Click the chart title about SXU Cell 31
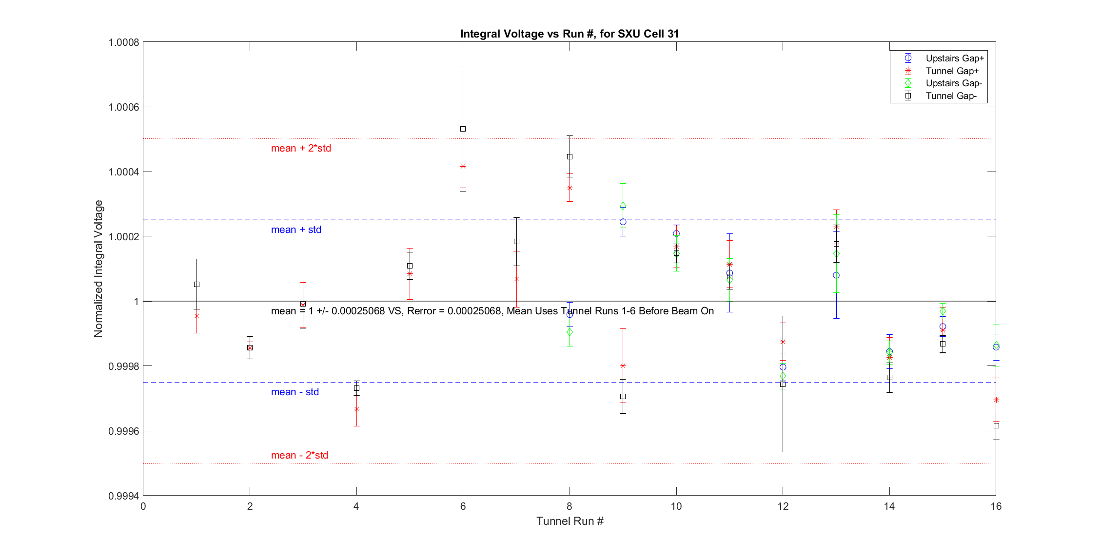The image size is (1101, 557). pos(569,34)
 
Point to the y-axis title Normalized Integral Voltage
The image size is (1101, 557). pos(98,269)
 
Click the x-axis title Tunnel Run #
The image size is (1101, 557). pos(570,521)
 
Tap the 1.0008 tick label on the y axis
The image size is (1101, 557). pos(123,42)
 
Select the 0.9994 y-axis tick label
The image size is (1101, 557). pos(123,496)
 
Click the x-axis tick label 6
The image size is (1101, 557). pos(463,506)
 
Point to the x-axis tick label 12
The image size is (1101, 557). pos(783,506)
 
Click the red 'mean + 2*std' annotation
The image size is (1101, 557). pos(301,148)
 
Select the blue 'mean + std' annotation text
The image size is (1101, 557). pos(296,230)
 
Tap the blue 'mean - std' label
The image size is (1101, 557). pos(295,392)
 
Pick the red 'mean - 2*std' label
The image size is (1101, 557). pos(299,455)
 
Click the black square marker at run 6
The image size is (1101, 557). pos(463,129)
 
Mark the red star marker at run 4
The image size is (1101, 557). pos(356,409)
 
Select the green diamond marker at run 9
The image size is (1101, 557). pos(623,206)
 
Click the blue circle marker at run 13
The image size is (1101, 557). pos(836,275)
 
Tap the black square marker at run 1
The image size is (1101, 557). pos(197,284)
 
